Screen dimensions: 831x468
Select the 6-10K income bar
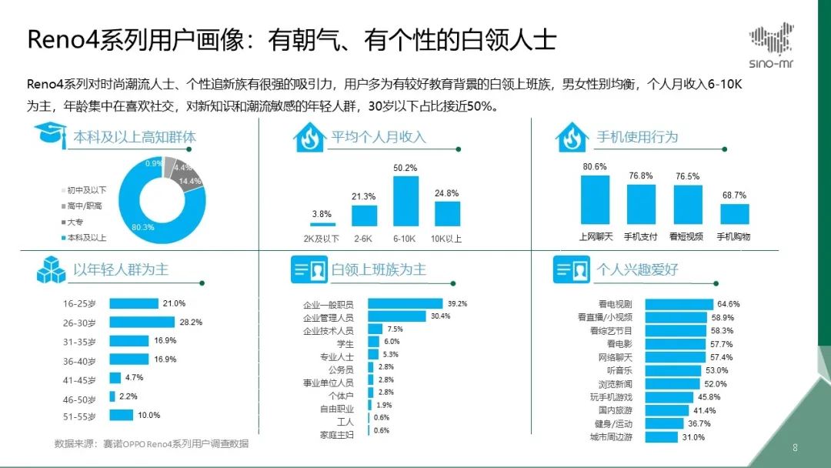pyautogui.click(x=405, y=202)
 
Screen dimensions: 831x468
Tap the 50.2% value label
pyautogui.click(x=405, y=168)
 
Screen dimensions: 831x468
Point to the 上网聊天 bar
pyautogui.click(x=595, y=200)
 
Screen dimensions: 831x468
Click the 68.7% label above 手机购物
pyautogui.click(x=734, y=195)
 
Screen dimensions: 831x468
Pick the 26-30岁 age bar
pyautogui.click(x=142, y=323)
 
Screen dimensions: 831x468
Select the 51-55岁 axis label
pyautogui.click(x=79, y=416)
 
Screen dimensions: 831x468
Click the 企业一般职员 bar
pyautogui.click(x=405, y=304)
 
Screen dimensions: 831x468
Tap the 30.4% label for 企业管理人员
pyautogui.click(x=440, y=316)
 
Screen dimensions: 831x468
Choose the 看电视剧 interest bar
pyautogui.click(x=679, y=304)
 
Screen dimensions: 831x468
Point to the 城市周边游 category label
pyautogui.click(x=611, y=437)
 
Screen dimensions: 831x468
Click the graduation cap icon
pyautogui.click(x=50, y=135)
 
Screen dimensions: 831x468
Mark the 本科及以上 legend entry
pyautogui.click(x=85, y=238)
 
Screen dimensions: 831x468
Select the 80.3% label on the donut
pyautogui.click(x=143, y=227)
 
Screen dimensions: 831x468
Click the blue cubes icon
pyautogui.click(x=51, y=269)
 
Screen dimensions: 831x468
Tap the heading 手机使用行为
pyautogui.click(x=637, y=137)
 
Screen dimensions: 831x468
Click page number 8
pyautogui.click(x=795, y=448)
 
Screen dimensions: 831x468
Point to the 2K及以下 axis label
pyautogui.click(x=321, y=239)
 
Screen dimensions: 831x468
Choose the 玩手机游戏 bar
pyautogui.click(x=669, y=397)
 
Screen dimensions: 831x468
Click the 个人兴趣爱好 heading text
pyautogui.click(x=637, y=269)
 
